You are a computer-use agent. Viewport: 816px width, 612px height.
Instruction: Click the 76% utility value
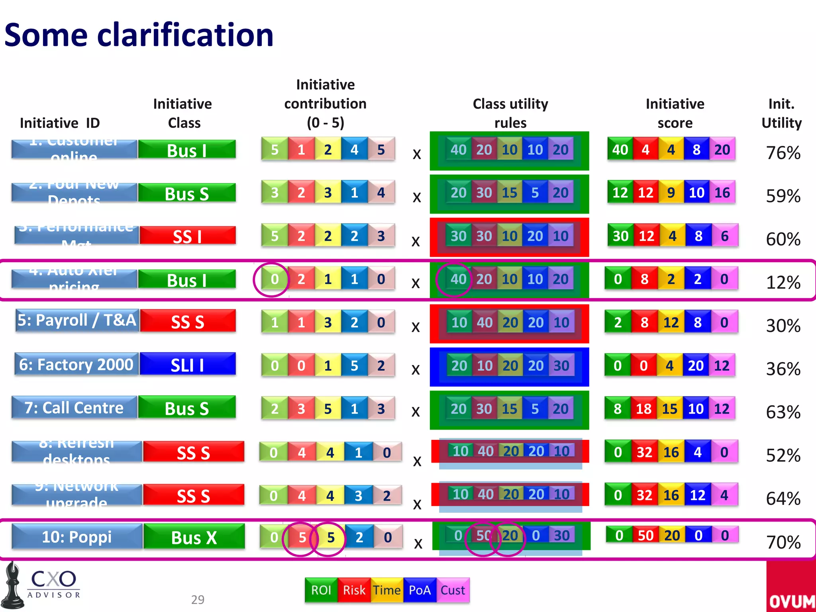[783, 153]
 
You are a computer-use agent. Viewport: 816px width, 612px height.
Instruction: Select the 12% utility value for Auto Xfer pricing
[783, 282]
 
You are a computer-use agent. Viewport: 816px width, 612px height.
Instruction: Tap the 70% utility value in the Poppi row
[783, 542]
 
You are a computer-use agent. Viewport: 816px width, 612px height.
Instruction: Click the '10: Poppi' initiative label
[77, 537]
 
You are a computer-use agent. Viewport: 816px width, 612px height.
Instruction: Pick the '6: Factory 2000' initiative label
[76, 365]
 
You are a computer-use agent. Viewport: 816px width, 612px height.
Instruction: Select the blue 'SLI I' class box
[187, 365]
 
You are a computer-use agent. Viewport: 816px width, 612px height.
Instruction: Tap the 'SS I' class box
[187, 236]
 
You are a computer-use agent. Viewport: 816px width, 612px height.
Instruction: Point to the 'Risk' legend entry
[354, 590]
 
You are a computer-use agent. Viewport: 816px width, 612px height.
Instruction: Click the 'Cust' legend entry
[453, 590]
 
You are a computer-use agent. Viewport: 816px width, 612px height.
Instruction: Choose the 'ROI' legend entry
[321, 590]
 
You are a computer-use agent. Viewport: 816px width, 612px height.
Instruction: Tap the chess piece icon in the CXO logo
[13, 586]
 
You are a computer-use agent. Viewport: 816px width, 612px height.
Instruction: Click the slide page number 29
[198, 600]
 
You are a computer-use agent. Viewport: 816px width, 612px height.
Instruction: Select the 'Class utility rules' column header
[510, 113]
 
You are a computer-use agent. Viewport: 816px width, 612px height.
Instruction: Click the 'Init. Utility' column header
[781, 113]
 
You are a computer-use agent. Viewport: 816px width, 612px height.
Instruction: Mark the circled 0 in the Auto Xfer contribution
[275, 279]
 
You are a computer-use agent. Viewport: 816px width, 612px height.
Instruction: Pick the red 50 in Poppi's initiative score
[645, 535]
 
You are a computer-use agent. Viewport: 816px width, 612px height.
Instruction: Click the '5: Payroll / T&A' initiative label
[77, 320]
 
